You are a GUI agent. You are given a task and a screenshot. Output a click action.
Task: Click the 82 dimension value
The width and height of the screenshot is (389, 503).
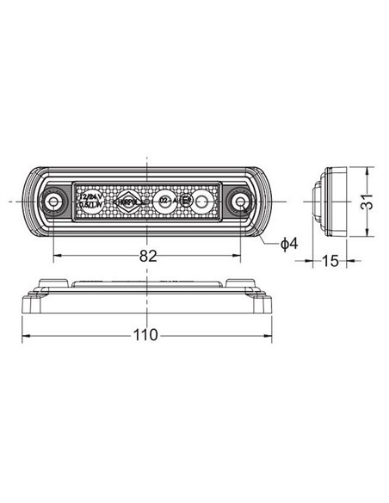149,256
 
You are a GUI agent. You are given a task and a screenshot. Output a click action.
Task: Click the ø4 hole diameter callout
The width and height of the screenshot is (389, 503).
288,245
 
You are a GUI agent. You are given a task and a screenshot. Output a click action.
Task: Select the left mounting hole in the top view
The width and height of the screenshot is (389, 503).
54,202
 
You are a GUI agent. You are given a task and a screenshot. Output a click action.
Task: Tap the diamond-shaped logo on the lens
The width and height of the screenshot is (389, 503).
129,202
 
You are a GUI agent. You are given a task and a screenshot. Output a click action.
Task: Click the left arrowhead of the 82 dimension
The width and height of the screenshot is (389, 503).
57,256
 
